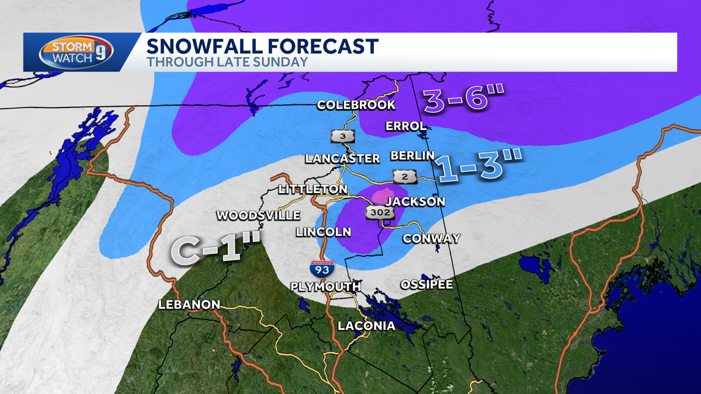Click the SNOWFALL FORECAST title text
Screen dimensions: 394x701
[262, 46]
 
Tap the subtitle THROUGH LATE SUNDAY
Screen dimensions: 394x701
[227, 61]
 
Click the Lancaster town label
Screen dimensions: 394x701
[343, 158]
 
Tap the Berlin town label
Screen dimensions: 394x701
[412, 155]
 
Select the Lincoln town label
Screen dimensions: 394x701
[323, 232]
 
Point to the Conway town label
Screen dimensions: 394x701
[431, 238]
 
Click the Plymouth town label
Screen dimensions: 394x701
[326, 287]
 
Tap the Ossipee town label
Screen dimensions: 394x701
[426, 284]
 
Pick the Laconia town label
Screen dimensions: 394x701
[366, 326]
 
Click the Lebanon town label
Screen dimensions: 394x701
[189, 304]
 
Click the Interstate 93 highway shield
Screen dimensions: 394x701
[322, 269]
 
